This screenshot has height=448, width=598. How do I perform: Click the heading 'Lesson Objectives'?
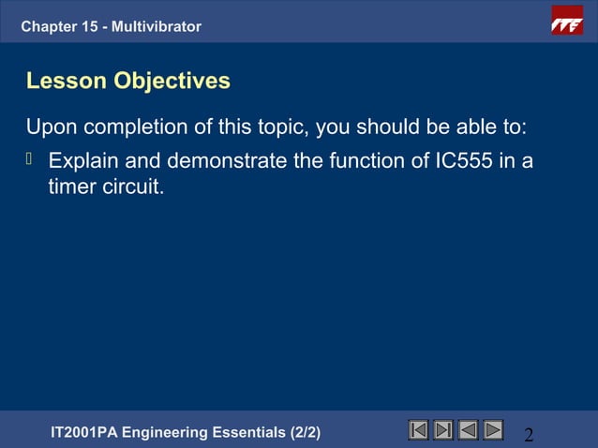pos(128,82)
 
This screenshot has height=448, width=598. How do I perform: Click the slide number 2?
pos(529,435)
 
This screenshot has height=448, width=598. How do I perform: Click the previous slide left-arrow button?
pos(468,430)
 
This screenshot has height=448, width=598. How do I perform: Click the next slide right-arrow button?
pos(492,430)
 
